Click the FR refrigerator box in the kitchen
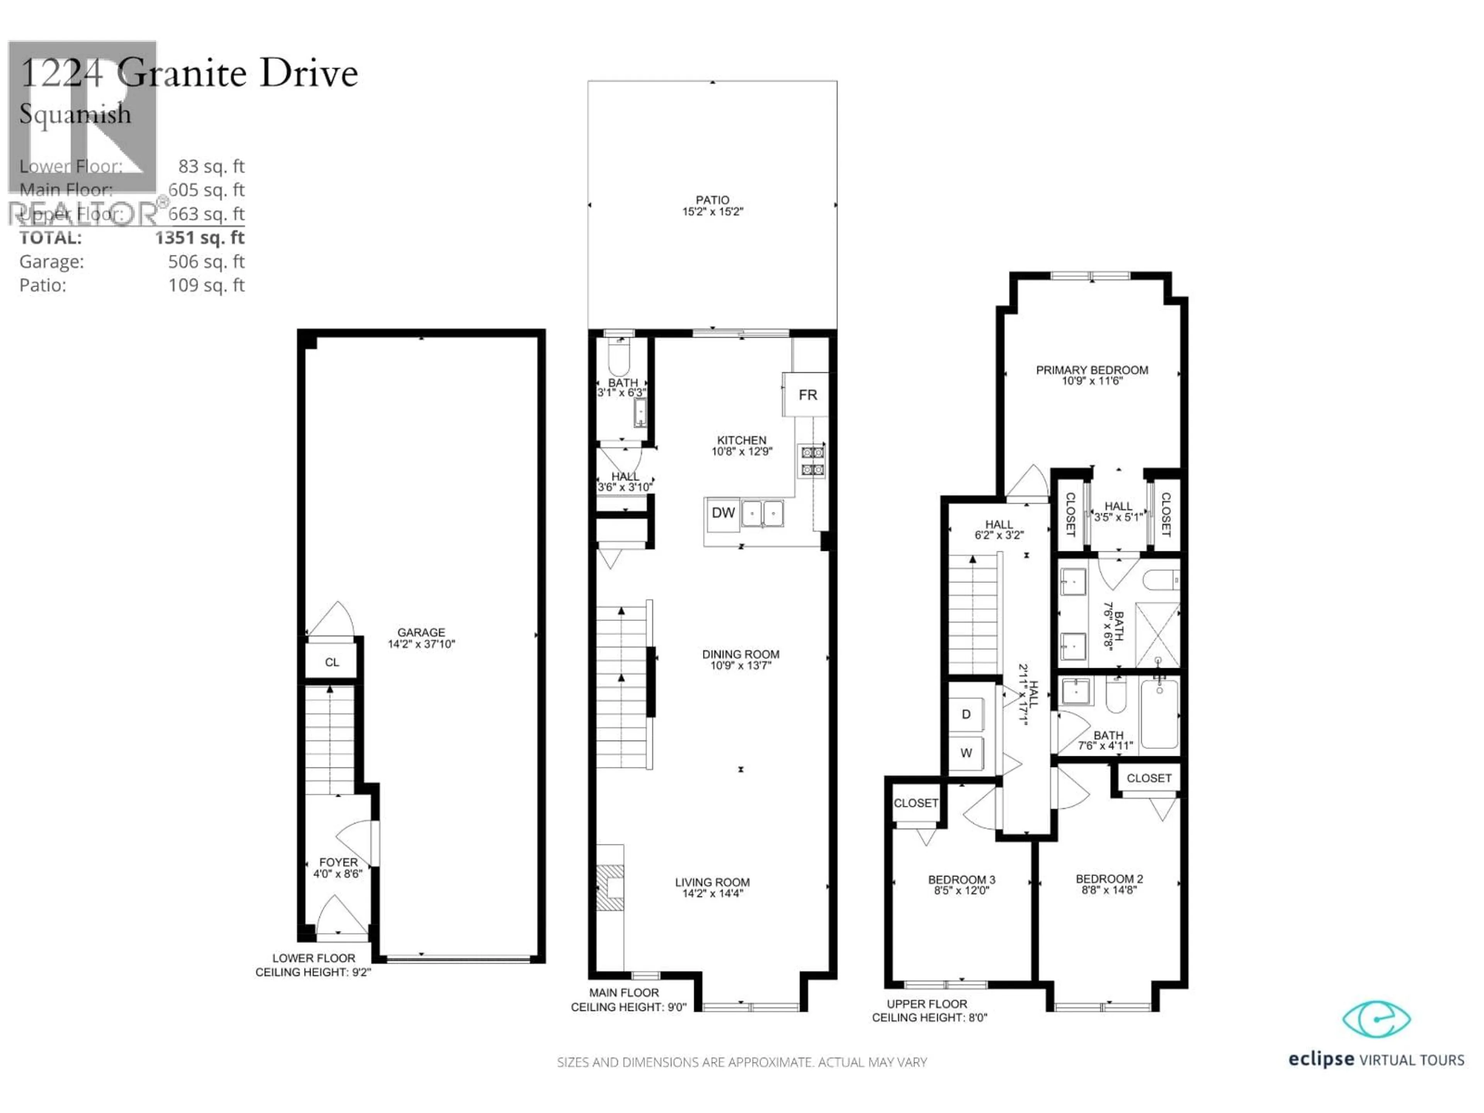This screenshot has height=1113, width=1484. click(807, 395)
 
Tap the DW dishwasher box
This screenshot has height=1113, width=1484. click(723, 513)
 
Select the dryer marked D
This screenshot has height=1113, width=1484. click(966, 715)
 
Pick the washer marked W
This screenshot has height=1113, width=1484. click(966, 753)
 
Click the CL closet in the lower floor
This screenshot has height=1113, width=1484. click(332, 662)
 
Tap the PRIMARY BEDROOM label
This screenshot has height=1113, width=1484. click(1091, 370)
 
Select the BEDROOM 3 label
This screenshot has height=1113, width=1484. click(962, 880)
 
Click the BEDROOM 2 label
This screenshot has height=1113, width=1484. click(1109, 879)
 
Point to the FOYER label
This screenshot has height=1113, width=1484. click(338, 862)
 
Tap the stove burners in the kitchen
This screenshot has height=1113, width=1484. click(812, 461)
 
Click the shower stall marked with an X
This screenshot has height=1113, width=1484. click(1157, 635)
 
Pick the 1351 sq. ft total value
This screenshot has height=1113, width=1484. click(199, 238)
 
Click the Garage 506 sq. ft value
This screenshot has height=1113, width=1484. click(206, 262)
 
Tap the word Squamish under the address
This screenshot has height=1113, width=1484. click(75, 114)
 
